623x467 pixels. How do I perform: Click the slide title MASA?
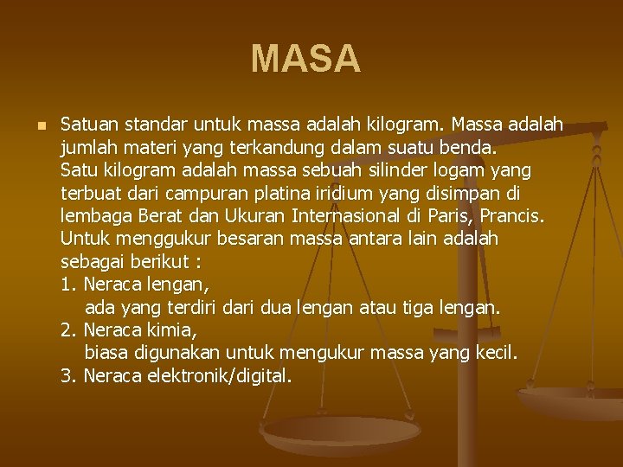pyautogui.click(x=305, y=59)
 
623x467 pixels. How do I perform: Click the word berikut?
pyautogui.click(x=162, y=260)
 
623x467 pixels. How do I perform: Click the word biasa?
pyautogui.click(x=110, y=352)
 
